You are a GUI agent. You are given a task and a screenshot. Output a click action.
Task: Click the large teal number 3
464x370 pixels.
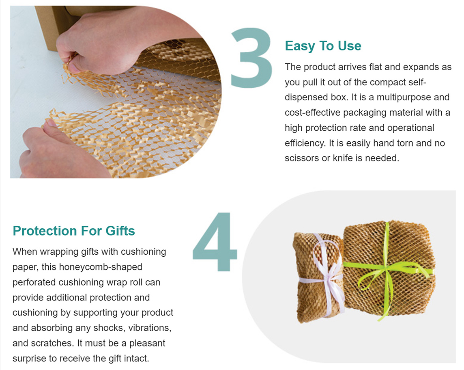(x=251, y=58)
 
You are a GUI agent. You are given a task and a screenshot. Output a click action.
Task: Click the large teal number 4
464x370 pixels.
(x=215, y=241)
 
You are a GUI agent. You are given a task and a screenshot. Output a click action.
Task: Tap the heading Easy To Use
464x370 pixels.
(x=323, y=46)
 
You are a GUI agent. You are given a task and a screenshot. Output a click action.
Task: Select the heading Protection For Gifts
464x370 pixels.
(x=74, y=231)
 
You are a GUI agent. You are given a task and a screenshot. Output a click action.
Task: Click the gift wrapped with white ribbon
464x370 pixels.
(x=318, y=277)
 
